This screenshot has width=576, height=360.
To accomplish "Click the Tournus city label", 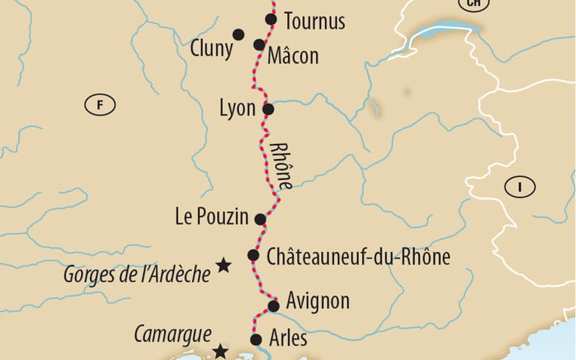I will pyautogui.click(x=315, y=22).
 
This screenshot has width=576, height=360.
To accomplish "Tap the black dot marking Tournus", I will pyautogui.click(x=271, y=19).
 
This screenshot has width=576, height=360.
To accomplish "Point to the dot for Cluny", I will pyautogui.click(x=238, y=34).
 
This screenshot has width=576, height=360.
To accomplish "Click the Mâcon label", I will pyautogui.click(x=292, y=56).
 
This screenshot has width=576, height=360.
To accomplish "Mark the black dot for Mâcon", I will pyautogui.click(x=259, y=45).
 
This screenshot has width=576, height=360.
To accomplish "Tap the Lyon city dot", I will pyautogui.click(x=268, y=109).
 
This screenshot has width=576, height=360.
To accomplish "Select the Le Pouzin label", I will pyautogui.click(x=211, y=218).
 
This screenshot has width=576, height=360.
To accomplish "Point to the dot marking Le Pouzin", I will pyautogui.click(x=260, y=219).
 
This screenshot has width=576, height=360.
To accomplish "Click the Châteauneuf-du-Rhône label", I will pyautogui.click(x=358, y=257).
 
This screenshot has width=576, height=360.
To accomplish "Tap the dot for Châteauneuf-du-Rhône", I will pyautogui.click(x=253, y=255).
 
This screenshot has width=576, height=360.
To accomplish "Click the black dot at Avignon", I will pyautogui.click(x=273, y=305).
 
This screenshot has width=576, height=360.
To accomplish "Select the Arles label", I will pyautogui.click(x=287, y=339).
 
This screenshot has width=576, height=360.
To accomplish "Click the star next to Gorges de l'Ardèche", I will pyautogui.click(x=223, y=264).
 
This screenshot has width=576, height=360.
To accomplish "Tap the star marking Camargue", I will pyautogui.click(x=220, y=350).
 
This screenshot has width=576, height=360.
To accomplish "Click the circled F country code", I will pyautogui.click(x=98, y=105).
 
